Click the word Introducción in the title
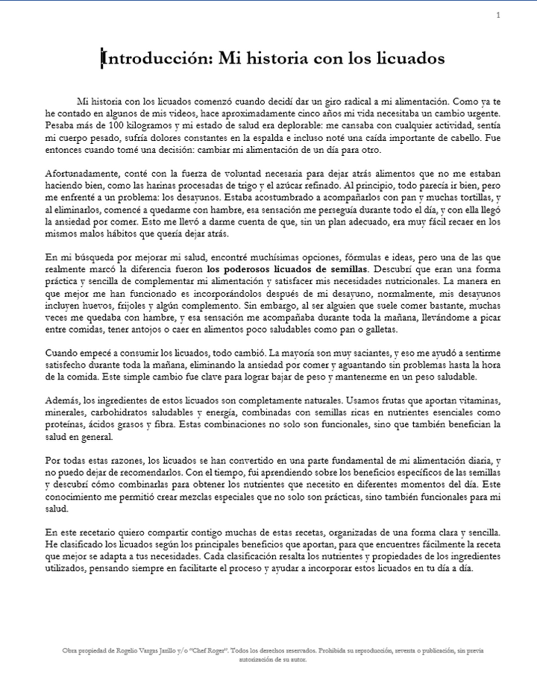[154, 57]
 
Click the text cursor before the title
[102, 57]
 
